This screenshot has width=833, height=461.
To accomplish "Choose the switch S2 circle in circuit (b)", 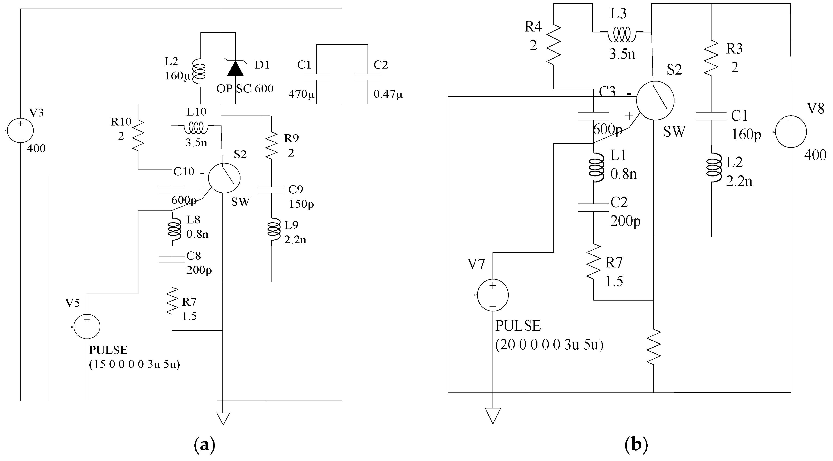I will coord(655,101).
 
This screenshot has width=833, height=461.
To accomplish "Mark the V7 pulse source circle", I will coord(493,295).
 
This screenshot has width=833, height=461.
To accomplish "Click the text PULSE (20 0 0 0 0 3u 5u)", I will coord(549,336).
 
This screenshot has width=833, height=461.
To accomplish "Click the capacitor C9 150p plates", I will coord(271,190).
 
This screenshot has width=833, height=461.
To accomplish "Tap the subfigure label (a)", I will coord(204,445).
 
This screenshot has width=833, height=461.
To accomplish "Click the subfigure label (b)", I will coord(636,445).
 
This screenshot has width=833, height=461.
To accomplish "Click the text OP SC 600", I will coord(245,88).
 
